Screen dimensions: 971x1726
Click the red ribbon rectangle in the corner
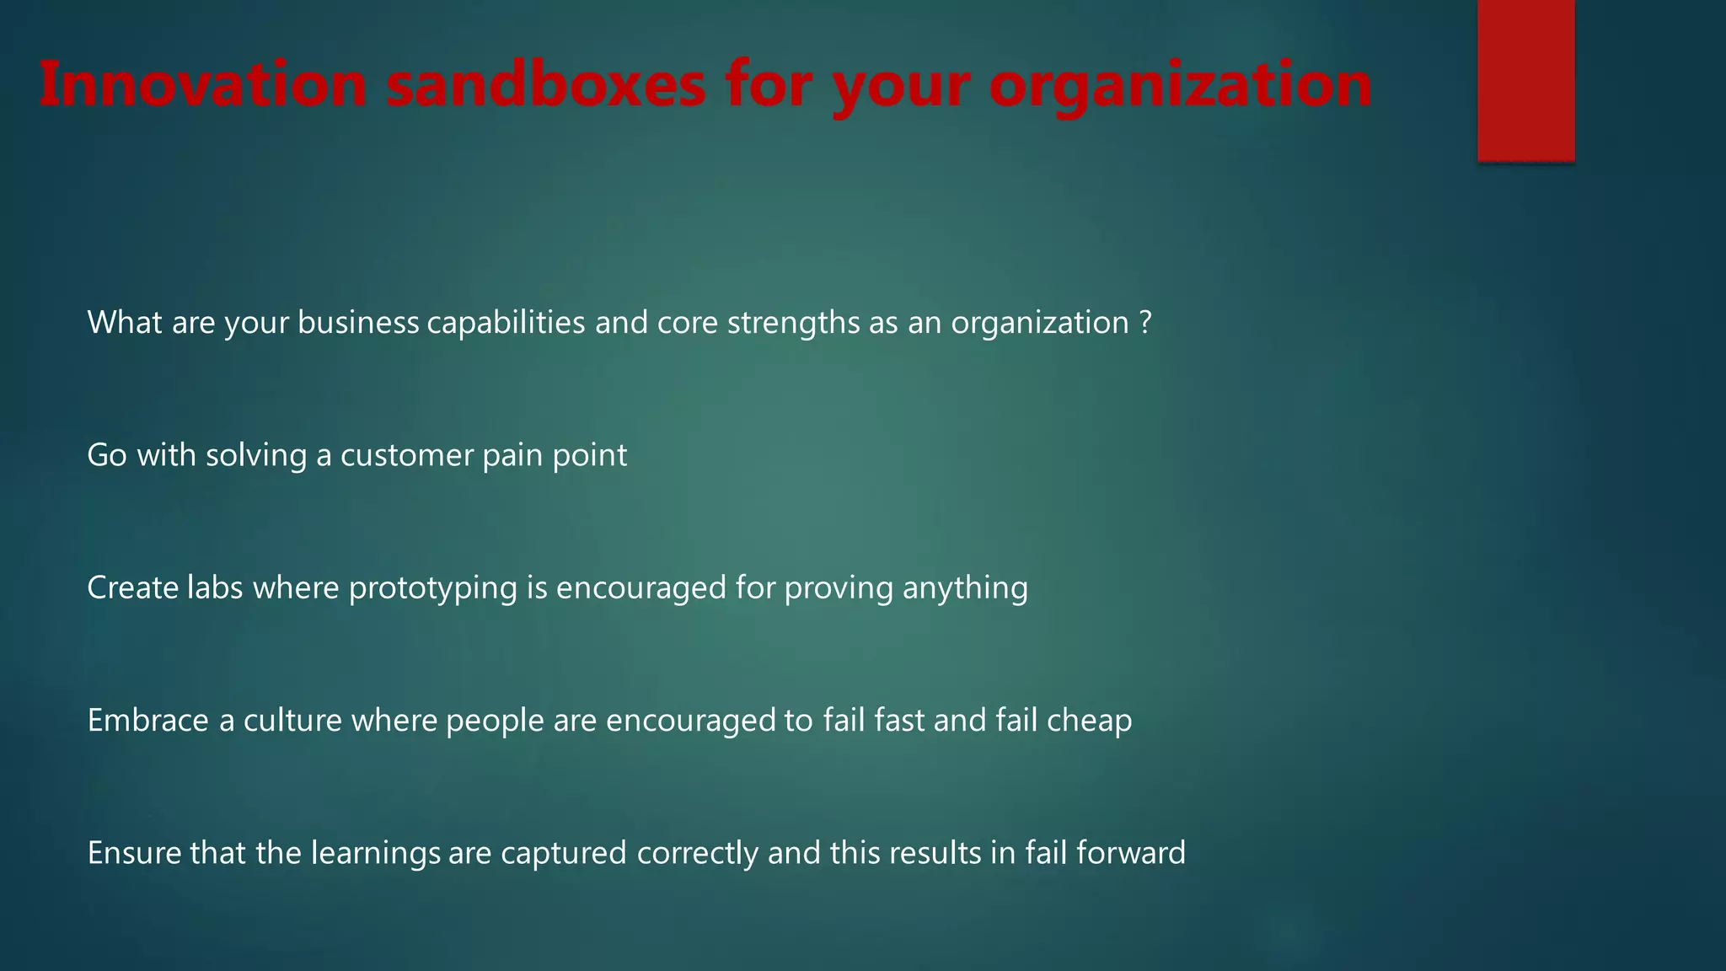coord(1525,79)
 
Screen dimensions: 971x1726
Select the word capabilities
coord(506,323)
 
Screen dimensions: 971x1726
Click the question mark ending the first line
coord(1144,323)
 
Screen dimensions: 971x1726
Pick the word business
coord(358,323)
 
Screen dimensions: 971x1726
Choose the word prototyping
coord(432,588)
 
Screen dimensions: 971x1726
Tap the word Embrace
coord(147,721)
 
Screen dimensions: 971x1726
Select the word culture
coord(292,721)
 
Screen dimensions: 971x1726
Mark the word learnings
coord(376,854)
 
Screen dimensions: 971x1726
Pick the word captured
coord(564,854)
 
